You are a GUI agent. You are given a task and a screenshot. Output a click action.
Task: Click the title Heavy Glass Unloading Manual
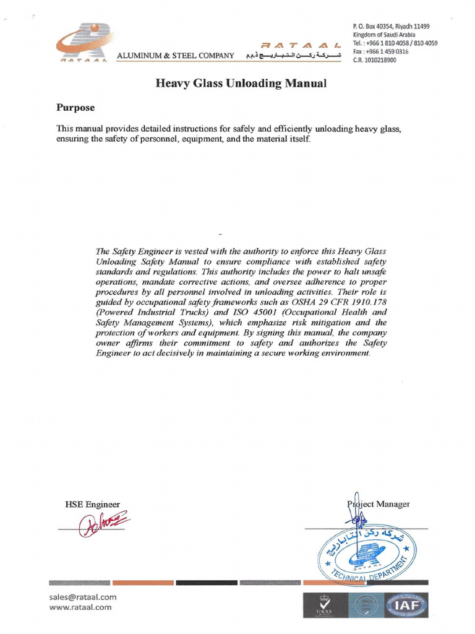tap(240, 83)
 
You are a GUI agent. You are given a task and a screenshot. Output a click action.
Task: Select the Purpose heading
tap(75, 107)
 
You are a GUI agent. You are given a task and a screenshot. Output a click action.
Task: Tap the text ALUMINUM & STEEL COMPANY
tap(176, 56)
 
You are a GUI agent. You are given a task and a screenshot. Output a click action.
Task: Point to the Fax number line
tap(381, 52)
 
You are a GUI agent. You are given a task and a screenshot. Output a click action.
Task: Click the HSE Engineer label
tap(92, 504)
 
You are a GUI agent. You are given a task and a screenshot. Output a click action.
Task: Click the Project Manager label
tap(379, 504)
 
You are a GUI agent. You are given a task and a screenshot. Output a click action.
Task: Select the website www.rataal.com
tap(80, 607)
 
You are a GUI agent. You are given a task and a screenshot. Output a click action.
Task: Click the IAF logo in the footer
tap(406, 605)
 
